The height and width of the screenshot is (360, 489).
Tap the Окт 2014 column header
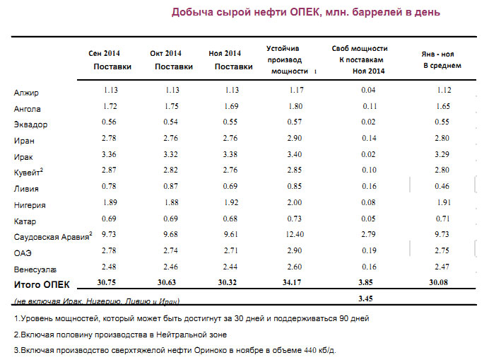click(x=166, y=54)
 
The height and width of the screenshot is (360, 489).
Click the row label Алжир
click(x=26, y=93)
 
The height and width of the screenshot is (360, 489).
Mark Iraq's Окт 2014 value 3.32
click(x=171, y=156)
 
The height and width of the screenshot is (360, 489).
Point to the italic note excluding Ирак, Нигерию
click(x=97, y=299)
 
